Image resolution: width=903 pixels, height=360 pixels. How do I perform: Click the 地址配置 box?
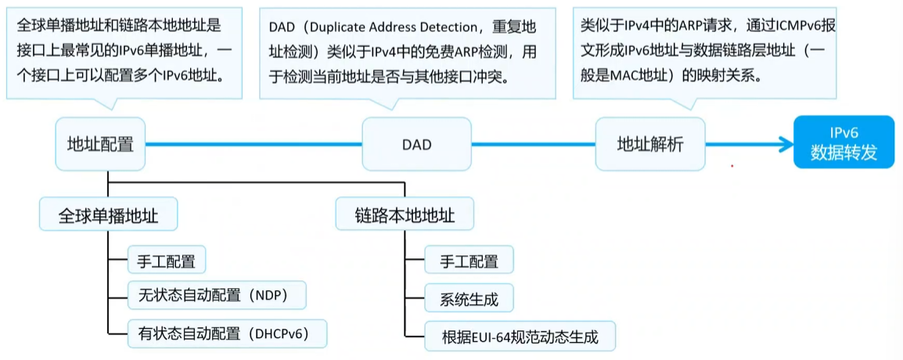click(x=100, y=145)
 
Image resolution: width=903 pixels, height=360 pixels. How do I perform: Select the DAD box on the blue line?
click(x=417, y=145)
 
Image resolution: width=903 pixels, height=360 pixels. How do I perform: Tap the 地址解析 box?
click(x=649, y=145)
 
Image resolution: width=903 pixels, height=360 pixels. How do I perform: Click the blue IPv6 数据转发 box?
click(x=844, y=142)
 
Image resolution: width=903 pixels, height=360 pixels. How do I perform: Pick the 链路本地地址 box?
click(x=405, y=214)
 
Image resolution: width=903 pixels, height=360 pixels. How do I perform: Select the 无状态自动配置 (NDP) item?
click(x=216, y=297)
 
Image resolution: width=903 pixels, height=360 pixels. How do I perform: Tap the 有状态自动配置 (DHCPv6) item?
click(x=226, y=333)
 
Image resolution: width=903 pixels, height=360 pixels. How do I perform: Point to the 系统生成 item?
click(x=469, y=298)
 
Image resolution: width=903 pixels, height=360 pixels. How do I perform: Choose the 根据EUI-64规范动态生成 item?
click(x=520, y=337)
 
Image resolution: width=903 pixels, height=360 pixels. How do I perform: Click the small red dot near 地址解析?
click(x=732, y=165)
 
